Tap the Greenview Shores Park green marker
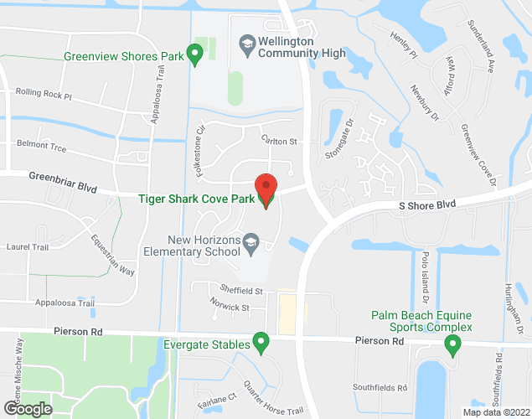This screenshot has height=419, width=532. point(195,55)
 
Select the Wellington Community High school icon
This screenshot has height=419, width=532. point(247,42)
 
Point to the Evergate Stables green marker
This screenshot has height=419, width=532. point(261,343)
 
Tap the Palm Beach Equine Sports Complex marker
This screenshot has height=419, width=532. point(454,343)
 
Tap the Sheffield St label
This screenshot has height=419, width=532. point(236,291)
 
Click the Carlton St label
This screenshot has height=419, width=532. point(279,142)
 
